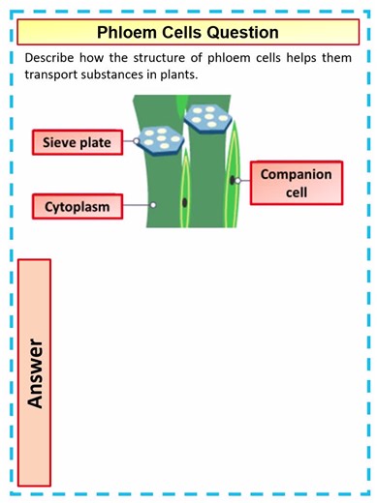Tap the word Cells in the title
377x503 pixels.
186,32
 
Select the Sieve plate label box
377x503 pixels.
77,144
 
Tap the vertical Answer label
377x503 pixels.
37,371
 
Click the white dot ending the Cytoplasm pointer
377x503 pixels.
153,205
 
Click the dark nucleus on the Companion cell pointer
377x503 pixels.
235,181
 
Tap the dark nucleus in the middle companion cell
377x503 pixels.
184,202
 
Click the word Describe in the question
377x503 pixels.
53,57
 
